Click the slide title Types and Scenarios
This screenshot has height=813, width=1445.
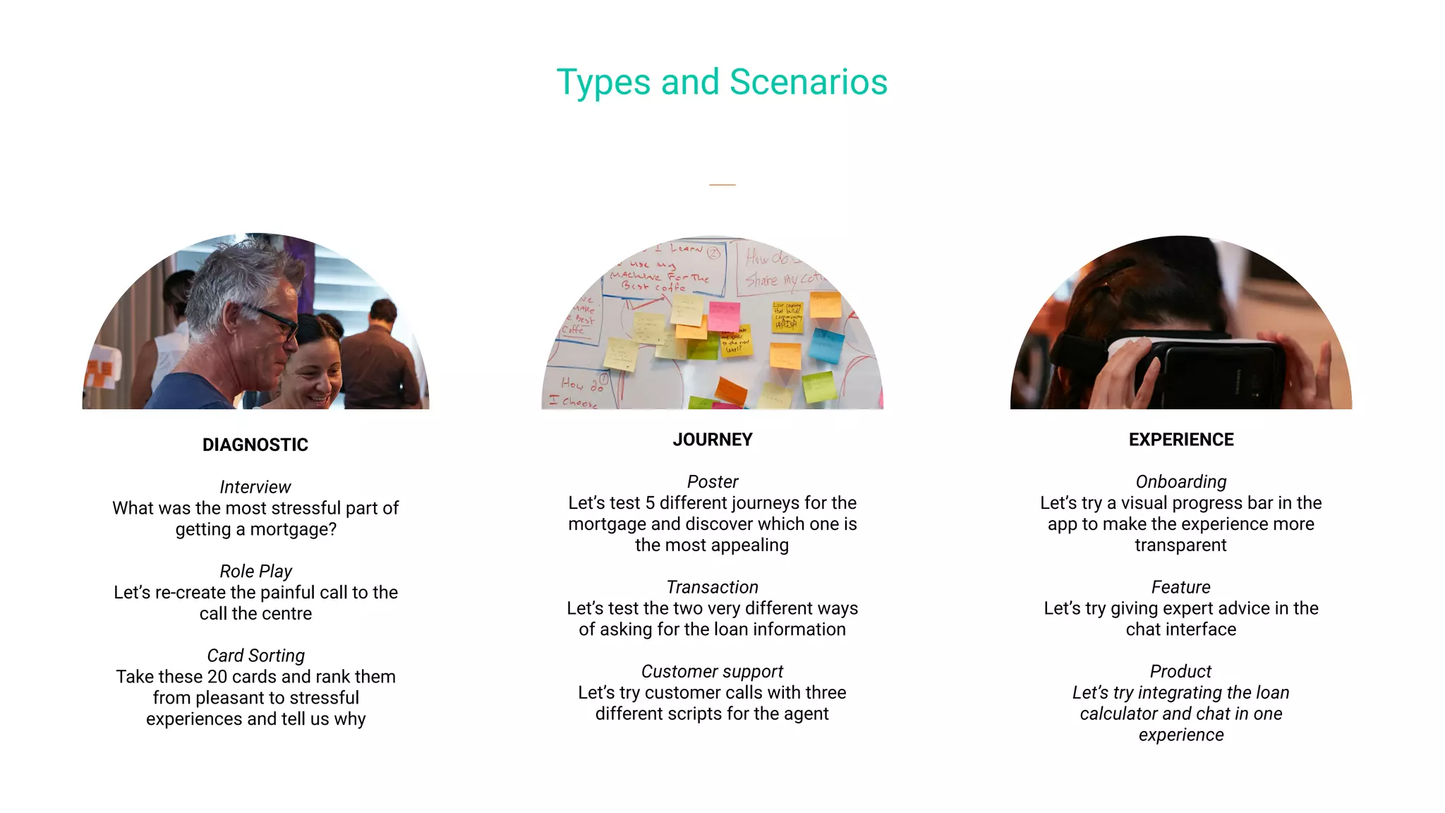[722, 82]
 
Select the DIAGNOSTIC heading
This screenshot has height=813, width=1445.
[255, 445]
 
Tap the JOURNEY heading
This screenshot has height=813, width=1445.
[713, 440]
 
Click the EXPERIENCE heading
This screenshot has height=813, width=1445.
[1181, 440]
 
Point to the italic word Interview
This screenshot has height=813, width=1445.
[255, 487]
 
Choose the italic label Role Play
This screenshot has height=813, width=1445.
[255, 571]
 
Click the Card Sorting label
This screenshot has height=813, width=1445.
[255, 656]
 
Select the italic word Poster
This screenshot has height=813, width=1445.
[713, 482]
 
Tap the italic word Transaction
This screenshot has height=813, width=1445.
[713, 587]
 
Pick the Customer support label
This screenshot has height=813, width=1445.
[713, 671]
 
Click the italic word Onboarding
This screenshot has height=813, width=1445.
[1181, 482]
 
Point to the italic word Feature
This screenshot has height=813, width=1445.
[1181, 587]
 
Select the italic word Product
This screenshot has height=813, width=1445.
[1181, 671]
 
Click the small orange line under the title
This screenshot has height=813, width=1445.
[722, 185]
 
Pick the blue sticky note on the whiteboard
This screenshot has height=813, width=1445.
[826, 345]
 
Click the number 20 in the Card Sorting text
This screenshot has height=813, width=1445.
[217, 677]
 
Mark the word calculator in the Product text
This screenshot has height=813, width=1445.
[1118, 713]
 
